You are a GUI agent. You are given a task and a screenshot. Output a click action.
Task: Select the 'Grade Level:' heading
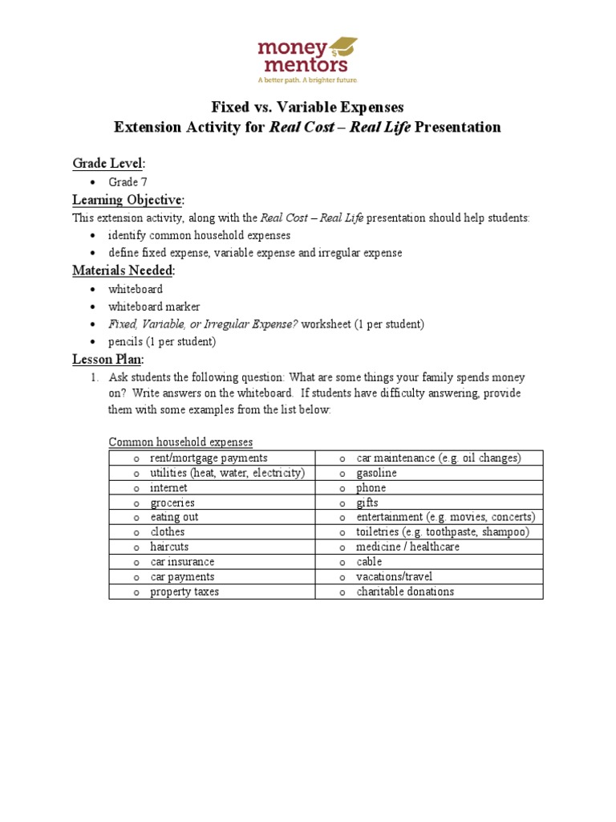click(108, 163)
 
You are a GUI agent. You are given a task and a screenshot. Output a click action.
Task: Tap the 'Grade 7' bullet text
click(128, 182)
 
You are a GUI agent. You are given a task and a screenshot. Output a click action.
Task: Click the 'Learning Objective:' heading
click(128, 199)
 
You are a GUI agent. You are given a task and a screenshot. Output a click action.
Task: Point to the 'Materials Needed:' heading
click(124, 271)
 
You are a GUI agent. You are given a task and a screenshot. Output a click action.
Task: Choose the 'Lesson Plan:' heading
click(108, 360)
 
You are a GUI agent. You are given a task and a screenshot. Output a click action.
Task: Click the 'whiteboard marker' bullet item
click(154, 307)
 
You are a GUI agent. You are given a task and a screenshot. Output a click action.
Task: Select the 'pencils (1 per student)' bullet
click(162, 341)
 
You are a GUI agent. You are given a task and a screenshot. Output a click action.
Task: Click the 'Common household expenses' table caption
click(180, 442)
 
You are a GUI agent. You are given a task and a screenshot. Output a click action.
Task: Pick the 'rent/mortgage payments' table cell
click(209, 458)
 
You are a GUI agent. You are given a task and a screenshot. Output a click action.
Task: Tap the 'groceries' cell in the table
click(172, 503)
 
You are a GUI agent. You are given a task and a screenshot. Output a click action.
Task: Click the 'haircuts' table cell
click(169, 547)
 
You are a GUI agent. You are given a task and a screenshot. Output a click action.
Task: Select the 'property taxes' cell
click(184, 592)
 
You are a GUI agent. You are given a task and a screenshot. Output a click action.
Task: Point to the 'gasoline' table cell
click(376, 473)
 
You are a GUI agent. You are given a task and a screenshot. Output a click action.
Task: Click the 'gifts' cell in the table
click(367, 503)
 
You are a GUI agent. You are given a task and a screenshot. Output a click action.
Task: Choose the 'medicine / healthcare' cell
click(408, 547)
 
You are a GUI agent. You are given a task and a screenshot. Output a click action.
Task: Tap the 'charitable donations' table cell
click(405, 592)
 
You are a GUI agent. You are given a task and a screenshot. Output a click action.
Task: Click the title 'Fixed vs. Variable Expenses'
click(307, 107)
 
